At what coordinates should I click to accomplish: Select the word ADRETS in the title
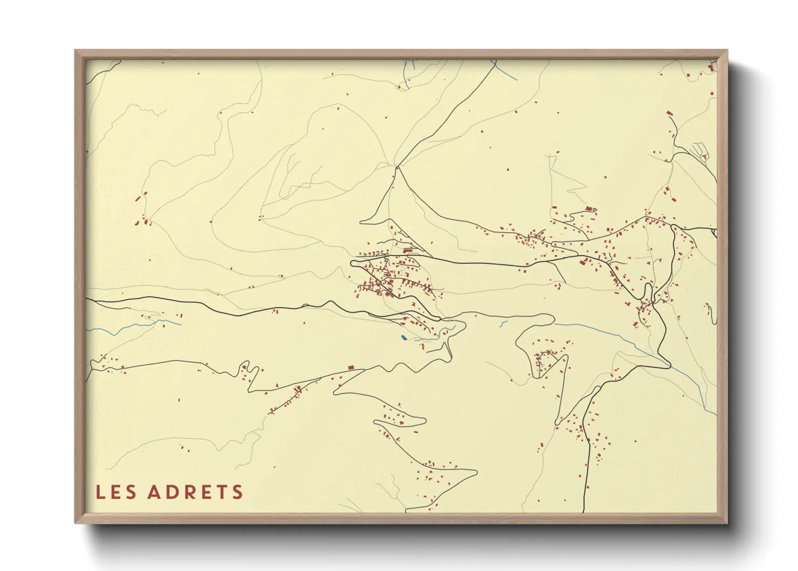point(195,492)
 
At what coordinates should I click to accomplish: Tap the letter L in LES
point(100,492)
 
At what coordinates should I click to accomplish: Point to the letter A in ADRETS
point(154,492)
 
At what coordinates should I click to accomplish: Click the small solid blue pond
point(403,338)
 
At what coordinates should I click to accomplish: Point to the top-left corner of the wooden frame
point(75,51)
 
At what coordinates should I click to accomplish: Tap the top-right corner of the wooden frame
point(727,51)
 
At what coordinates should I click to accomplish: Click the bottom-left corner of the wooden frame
point(75,522)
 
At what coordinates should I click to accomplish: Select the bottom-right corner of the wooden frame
point(727,522)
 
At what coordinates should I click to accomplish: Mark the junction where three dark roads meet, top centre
point(397,167)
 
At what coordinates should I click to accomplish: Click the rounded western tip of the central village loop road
point(352,263)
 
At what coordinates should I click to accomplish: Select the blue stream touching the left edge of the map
point(92,329)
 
